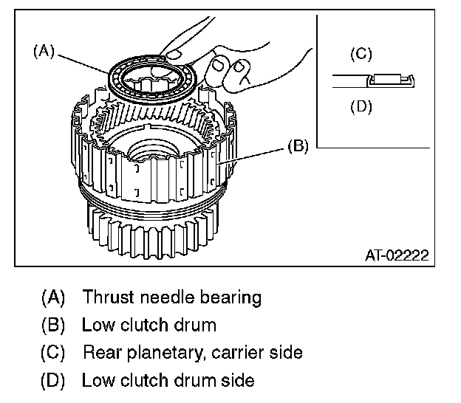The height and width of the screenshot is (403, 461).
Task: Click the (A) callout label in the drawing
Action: (x=44, y=52)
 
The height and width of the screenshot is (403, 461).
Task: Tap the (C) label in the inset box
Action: (x=360, y=54)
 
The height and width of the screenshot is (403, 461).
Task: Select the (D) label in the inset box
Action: (x=360, y=106)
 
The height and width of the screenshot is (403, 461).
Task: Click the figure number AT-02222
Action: (x=397, y=256)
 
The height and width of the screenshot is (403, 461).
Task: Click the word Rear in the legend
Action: (x=99, y=353)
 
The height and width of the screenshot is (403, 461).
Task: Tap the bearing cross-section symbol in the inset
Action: (x=391, y=79)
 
